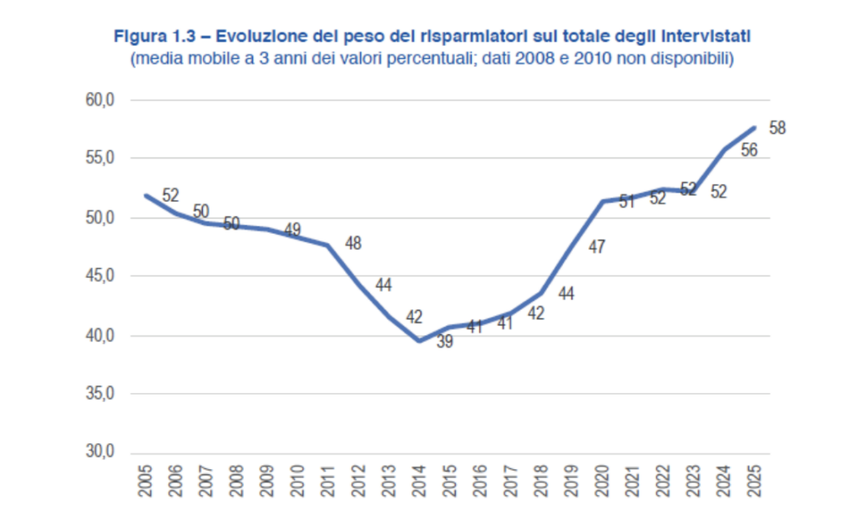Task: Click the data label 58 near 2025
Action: (777, 128)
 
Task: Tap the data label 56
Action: (750, 150)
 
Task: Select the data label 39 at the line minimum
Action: (444, 341)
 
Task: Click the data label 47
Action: (597, 247)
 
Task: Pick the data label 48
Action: (354, 244)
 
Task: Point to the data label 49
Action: (292, 229)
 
